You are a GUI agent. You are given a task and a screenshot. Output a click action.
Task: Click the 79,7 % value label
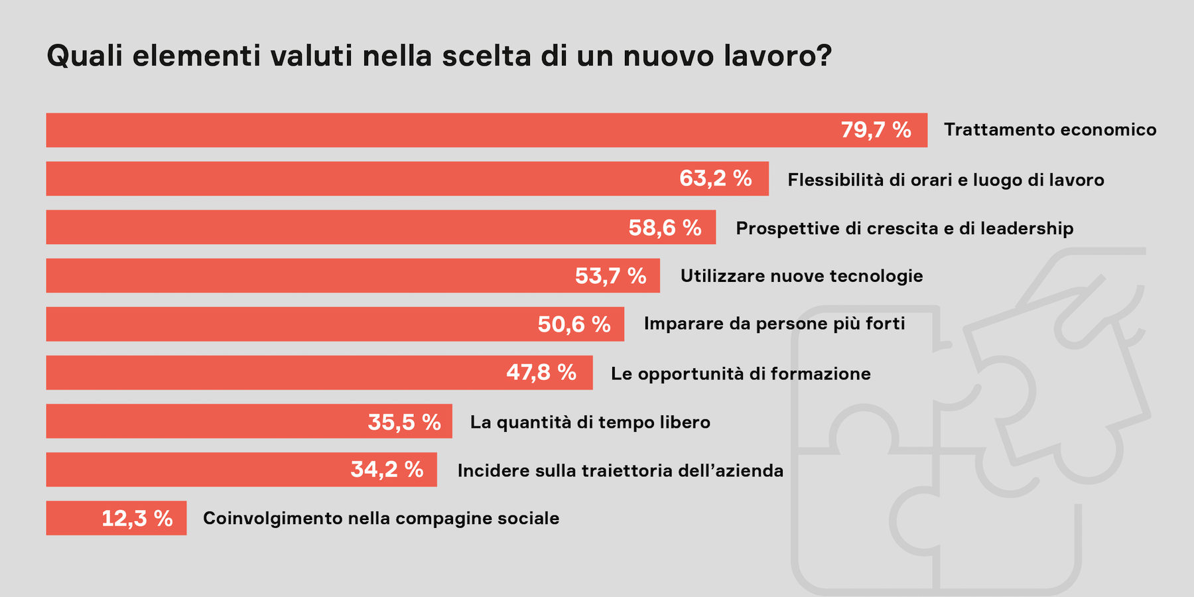coord(876,130)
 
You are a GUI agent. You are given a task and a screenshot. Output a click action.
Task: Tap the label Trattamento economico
coord(1049,130)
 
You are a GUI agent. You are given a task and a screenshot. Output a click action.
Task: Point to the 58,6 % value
coord(665,228)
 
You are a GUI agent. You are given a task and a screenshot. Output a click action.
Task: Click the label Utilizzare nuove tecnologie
coord(801,276)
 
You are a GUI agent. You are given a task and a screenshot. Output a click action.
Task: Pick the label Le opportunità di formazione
coord(740,373)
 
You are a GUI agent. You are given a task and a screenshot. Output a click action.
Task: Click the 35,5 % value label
coord(404,422)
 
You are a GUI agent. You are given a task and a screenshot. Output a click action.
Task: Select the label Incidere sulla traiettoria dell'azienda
coord(620,471)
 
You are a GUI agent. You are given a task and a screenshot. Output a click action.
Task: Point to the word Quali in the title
coord(85,56)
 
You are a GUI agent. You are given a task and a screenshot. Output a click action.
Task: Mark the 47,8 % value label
coord(541,373)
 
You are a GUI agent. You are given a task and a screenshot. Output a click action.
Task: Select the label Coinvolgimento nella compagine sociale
coord(381,519)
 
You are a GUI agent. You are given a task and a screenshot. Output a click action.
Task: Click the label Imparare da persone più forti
coord(774,324)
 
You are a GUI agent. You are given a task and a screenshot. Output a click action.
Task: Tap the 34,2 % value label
coord(387,470)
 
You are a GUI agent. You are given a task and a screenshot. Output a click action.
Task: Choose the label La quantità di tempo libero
coord(590,423)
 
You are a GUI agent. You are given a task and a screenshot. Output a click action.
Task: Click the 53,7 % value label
coord(610,276)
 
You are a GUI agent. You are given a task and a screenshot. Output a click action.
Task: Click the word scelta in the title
coord(486,56)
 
